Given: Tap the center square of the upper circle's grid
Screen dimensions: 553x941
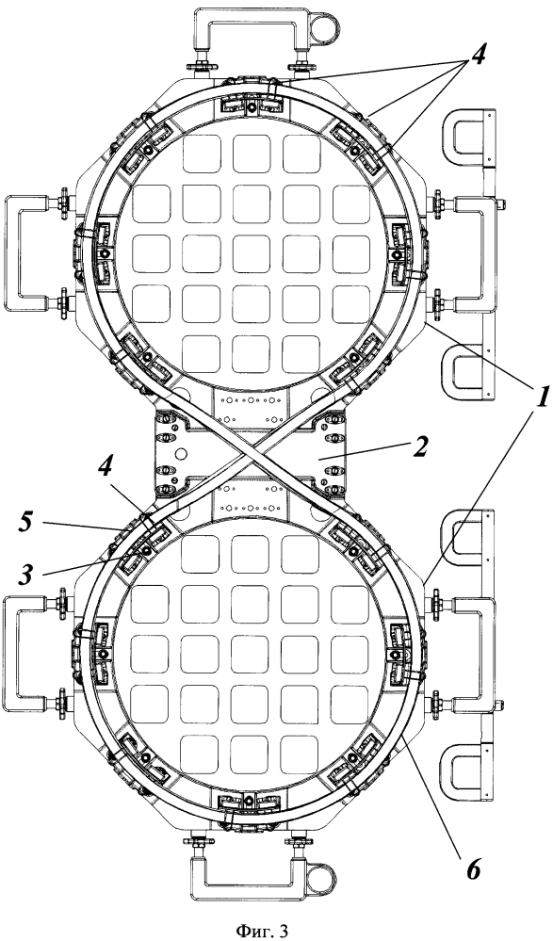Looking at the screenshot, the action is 251,253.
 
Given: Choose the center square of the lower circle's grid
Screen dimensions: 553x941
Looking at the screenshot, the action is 250,653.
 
